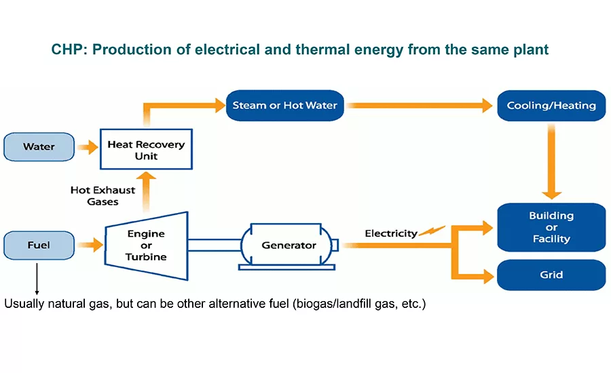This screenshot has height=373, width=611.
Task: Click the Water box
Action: pyautogui.click(x=39, y=146)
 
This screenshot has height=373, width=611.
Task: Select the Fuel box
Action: pyautogui.click(x=39, y=245)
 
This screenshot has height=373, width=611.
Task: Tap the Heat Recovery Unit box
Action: pyautogui.click(x=146, y=150)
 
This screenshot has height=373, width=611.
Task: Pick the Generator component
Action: pyautogui.click(x=289, y=245)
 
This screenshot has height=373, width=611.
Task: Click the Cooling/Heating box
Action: pyautogui.click(x=551, y=105)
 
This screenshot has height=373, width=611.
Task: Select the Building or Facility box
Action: pyautogui.click(x=551, y=227)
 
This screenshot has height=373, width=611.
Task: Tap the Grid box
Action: pyautogui.click(x=551, y=275)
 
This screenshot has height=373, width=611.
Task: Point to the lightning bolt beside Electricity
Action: pyautogui.click(x=432, y=231)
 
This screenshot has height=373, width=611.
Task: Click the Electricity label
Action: pyautogui.click(x=391, y=233)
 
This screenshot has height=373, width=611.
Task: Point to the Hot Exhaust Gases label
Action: pyautogui.click(x=103, y=195)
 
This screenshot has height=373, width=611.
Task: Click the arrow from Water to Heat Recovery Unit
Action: pyautogui.click(x=88, y=146)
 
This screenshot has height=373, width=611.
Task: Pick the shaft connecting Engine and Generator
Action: pyautogui.click(x=215, y=245)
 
